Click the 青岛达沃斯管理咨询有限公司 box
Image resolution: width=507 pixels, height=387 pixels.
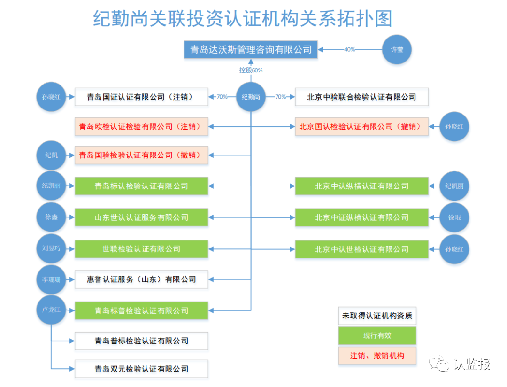tap(251, 49)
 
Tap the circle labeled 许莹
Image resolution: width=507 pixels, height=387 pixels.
tap(397, 49)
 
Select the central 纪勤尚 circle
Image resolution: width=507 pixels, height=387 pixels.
tap(251, 97)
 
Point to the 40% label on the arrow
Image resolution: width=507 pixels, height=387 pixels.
tap(350, 49)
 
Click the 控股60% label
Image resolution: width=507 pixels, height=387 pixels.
tap(251, 70)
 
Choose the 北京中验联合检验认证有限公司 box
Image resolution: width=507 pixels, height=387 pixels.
tap(361, 97)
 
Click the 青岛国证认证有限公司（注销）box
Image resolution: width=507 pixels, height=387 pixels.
tap(141, 97)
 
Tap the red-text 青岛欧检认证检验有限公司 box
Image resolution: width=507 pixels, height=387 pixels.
tap(141, 127)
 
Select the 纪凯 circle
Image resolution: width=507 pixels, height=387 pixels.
tap(52, 155)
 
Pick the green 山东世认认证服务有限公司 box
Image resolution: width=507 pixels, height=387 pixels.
tap(141, 217)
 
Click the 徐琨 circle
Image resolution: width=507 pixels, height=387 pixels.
tap(454, 217)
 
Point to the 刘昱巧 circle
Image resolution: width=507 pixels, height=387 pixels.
tap(52, 249)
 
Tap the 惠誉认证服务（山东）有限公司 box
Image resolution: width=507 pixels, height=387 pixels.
tap(141, 279)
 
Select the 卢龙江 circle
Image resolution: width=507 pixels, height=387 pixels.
tap(52, 310)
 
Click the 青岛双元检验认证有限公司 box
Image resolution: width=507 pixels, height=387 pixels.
tap(141, 369)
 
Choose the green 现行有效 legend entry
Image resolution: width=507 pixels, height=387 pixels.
tap(377, 336)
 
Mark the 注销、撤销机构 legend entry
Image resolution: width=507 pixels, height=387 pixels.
tap(377, 356)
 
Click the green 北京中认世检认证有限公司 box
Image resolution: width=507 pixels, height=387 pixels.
tap(361, 249)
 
